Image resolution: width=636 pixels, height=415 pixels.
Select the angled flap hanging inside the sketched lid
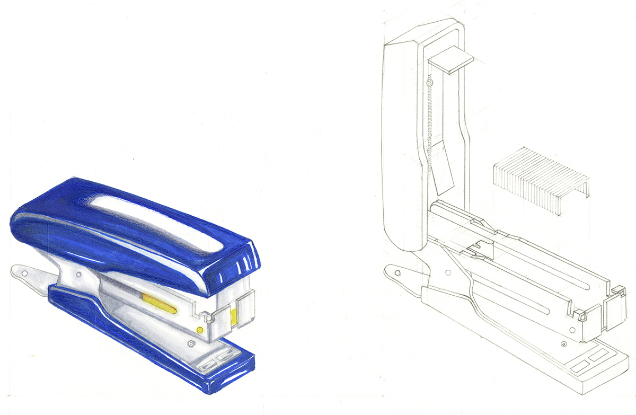pos(444,170)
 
